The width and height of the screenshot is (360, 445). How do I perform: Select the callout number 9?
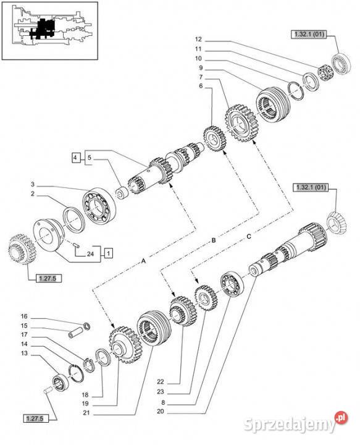click(201, 67)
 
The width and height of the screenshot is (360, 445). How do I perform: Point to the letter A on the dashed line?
click(144, 262)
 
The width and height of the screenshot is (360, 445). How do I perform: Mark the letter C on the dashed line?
click(249, 235)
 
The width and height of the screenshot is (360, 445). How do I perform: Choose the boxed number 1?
click(108, 252)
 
